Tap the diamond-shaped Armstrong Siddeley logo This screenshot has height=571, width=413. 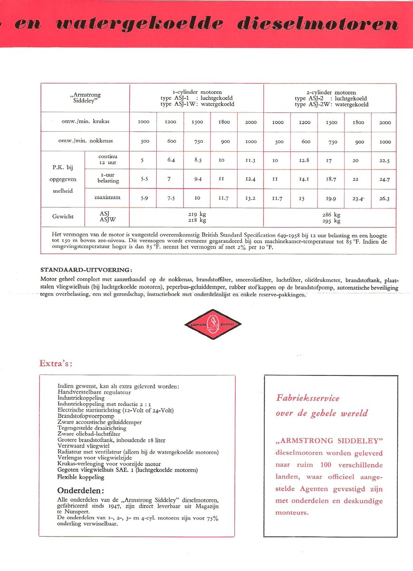(212, 324)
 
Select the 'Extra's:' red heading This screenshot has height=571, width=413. (56, 364)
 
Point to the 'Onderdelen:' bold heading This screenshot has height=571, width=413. (81, 491)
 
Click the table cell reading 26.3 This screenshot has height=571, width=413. (384, 198)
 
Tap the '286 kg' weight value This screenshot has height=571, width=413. (331, 214)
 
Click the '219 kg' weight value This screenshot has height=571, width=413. (197, 214)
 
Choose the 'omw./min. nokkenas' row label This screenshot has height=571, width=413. (86, 141)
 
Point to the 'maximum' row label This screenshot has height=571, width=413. (107, 197)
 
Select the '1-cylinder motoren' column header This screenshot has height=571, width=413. (197, 92)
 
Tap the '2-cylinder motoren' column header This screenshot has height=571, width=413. (331, 92)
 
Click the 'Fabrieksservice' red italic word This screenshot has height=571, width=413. (308, 398)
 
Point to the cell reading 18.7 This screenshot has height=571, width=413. (331, 179)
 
